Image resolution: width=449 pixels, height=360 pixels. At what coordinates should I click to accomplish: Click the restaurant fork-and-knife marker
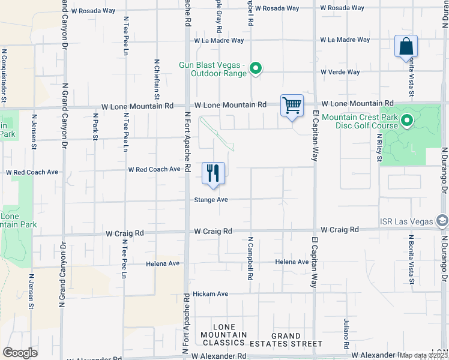213,174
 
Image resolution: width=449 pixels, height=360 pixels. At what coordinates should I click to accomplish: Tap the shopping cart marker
292,106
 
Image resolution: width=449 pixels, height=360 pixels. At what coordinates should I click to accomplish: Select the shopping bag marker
406,47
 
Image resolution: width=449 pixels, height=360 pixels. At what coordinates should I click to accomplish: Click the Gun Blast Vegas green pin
256,69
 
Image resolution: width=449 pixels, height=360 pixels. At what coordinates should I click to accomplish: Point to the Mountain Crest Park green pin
406,121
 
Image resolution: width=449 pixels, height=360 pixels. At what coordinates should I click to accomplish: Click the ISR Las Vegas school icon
442,221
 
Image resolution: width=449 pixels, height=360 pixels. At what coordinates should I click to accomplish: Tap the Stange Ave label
210,200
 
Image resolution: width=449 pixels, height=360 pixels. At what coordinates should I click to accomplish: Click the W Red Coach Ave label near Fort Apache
154,169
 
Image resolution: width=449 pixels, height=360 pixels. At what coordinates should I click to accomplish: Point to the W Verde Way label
340,72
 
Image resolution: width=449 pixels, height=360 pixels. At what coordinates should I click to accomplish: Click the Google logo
20,352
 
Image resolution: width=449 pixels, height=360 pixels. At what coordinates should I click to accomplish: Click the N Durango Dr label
444,171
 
